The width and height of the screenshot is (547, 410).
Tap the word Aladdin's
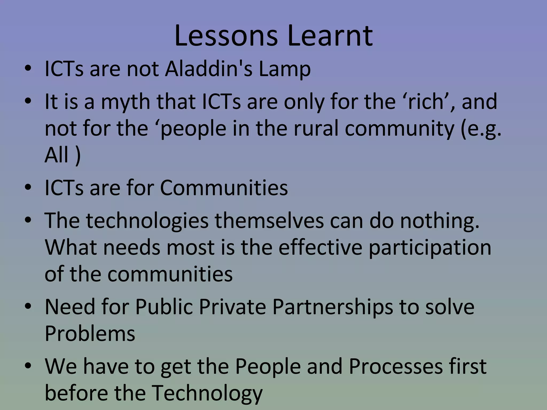[x=209, y=69]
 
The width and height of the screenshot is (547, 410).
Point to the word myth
[x=126, y=102]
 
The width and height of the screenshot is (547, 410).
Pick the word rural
[x=316, y=128]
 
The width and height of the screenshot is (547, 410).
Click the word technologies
[x=147, y=221]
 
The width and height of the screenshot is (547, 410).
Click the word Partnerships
[x=333, y=307]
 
